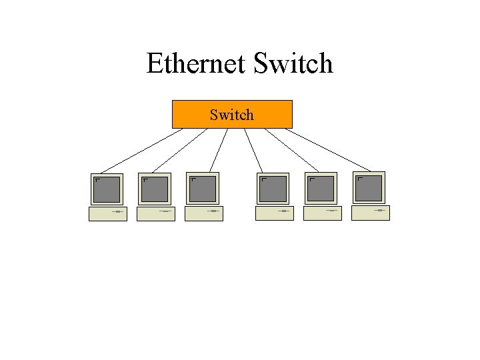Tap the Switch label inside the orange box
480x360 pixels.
point(231,115)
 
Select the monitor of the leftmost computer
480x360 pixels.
point(107,189)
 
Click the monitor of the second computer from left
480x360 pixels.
point(155,189)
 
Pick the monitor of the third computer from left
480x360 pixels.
point(203,189)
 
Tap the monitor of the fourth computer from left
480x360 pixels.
point(273,189)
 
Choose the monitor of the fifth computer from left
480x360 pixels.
point(321,189)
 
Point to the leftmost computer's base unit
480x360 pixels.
point(108,213)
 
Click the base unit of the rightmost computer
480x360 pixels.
point(370,213)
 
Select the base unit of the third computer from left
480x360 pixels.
point(204,213)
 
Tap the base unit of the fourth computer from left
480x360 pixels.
point(274,213)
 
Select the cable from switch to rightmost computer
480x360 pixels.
point(328,149)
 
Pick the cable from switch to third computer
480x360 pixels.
point(219,151)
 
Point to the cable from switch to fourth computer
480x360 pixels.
point(252,151)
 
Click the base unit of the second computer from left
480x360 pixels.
point(156,213)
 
